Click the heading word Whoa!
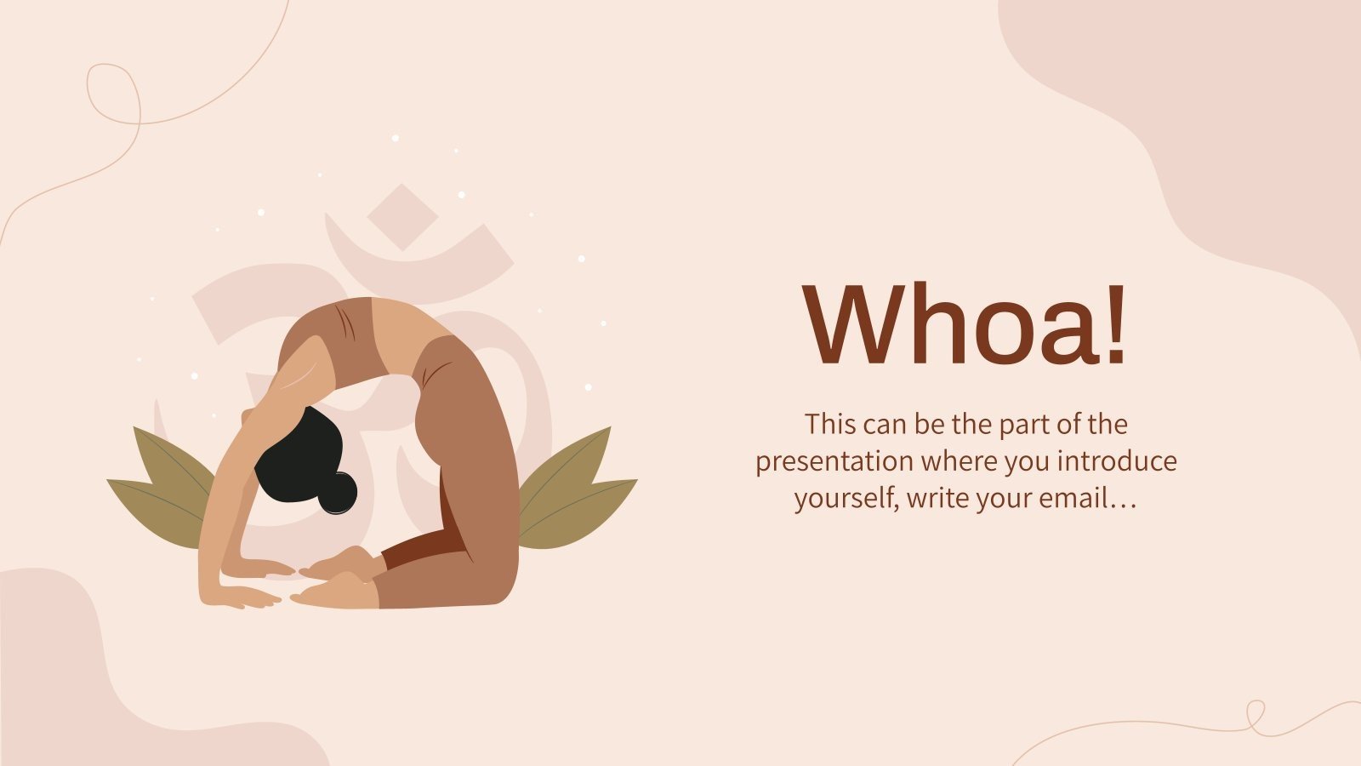pyautogui.click(x=965, y=325)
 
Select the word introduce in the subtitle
pyautogui.click(x=1118, y=461)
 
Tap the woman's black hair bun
pyautogui.click(x=339, y=493)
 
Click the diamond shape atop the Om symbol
pyautogui.click(x=402, y=216)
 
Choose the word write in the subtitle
pyautogui.click(x=937, y=498)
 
